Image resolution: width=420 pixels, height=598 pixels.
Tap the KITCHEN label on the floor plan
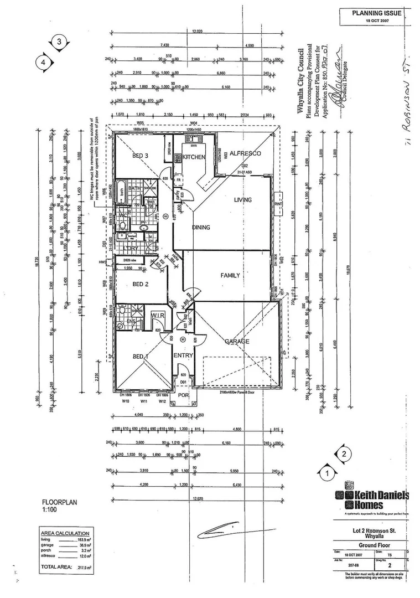click(194, 157)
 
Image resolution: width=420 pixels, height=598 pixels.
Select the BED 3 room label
click(141, 156)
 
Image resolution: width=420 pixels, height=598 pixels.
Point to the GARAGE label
click(236, 342)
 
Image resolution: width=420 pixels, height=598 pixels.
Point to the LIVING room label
click(242, 200)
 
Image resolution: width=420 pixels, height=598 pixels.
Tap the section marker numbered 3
click(59, 42)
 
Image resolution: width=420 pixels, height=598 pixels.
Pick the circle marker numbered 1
click(327, 473)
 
